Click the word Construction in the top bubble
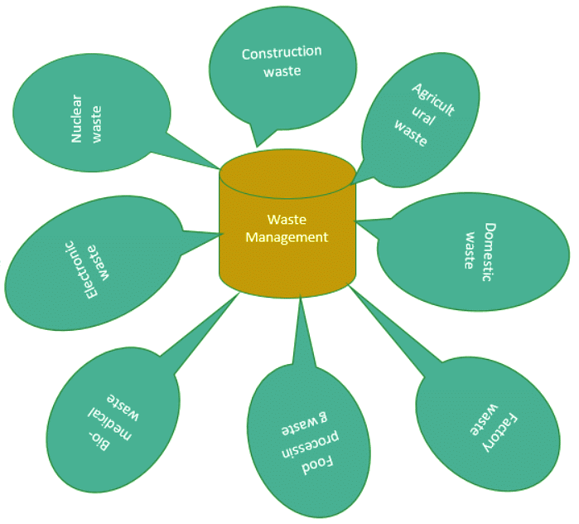tap(281, 53)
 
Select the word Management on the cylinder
tap(287, 237)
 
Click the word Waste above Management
tap(287, 221)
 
